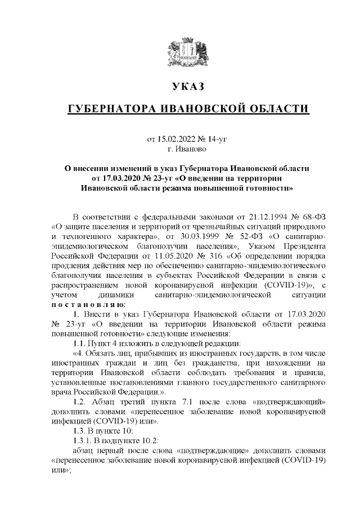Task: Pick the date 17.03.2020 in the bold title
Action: (x=119, y=178)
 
